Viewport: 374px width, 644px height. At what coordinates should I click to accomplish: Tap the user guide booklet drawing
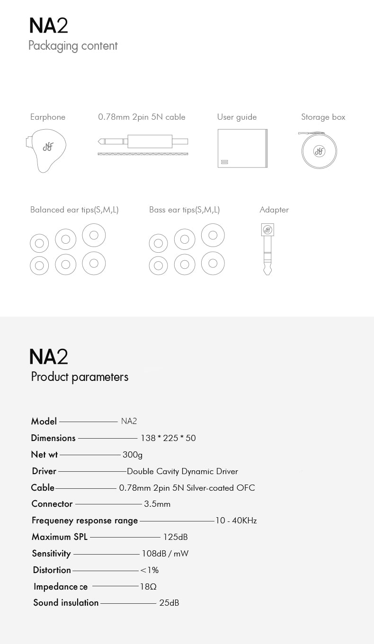242,148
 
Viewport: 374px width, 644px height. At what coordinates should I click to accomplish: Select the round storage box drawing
319,150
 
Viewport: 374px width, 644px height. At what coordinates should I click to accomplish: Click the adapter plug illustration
267,248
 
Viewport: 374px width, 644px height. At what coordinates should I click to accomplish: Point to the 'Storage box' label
323,117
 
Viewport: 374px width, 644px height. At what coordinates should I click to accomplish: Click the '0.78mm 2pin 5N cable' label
142,117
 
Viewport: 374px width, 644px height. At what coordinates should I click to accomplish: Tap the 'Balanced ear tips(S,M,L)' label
74,210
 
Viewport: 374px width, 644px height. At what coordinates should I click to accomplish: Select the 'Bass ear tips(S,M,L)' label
184,210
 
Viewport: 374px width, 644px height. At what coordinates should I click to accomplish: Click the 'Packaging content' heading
73,46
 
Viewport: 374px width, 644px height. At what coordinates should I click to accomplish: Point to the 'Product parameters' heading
80,377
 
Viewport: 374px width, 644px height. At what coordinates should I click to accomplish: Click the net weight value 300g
133,455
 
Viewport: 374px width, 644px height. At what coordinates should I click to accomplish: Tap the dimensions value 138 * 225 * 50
168,438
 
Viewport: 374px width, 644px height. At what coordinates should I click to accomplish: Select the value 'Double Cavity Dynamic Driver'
182,471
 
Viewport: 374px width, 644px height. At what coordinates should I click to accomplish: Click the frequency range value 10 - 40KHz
236,520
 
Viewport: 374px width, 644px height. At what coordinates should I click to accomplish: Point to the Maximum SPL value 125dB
175,537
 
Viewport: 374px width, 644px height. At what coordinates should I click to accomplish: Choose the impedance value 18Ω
148,587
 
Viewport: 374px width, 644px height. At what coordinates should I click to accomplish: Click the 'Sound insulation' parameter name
66,603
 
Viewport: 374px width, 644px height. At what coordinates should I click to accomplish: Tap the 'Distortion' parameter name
52,570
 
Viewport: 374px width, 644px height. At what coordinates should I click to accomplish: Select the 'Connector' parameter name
52,504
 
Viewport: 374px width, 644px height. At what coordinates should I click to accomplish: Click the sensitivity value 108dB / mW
165,554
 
